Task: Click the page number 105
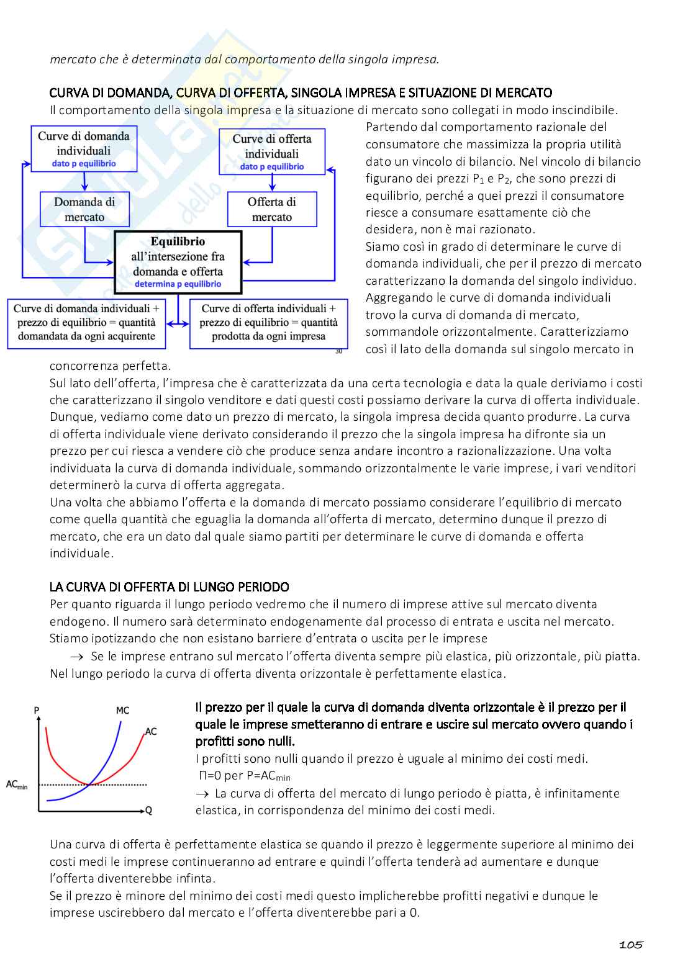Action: coord(630,945)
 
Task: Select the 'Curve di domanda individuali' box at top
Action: coord(84,150)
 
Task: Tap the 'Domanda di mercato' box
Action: coord(84,209)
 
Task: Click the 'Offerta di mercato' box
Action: coord(272,209)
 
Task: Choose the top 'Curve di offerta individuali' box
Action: coord(272,152)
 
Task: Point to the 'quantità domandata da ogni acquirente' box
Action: coord(86,323)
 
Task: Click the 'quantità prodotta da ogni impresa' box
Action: coord(269,323)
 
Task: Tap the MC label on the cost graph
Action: coord(122,710)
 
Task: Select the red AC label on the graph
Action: coord(151,731)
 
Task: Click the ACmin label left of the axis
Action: coord(17,784)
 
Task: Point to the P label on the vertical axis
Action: coord(37,710)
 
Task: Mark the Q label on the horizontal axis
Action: coord(148,811)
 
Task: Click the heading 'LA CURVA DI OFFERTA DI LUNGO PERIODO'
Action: coord(169,587)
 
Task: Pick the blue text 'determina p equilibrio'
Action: coord(178,284)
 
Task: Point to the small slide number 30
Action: coord(338,351)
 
